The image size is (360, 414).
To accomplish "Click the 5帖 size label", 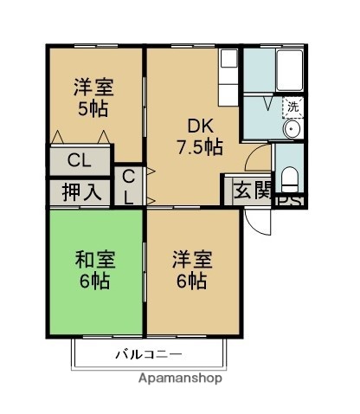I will [93, 109].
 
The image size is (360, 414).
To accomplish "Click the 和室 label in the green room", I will [94, 259].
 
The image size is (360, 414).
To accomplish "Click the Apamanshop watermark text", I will [180, 379].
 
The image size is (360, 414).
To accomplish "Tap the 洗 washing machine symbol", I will [293, 108].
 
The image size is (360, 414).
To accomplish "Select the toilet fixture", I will [291, 178].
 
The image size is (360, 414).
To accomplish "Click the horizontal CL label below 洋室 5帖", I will [79, 160].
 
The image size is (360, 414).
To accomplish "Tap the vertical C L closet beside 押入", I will [128, 186].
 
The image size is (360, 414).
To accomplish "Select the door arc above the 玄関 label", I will [256, 160].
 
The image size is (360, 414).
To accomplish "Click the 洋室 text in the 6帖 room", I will [191, 259].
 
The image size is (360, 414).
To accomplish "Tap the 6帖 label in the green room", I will [94, 281].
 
